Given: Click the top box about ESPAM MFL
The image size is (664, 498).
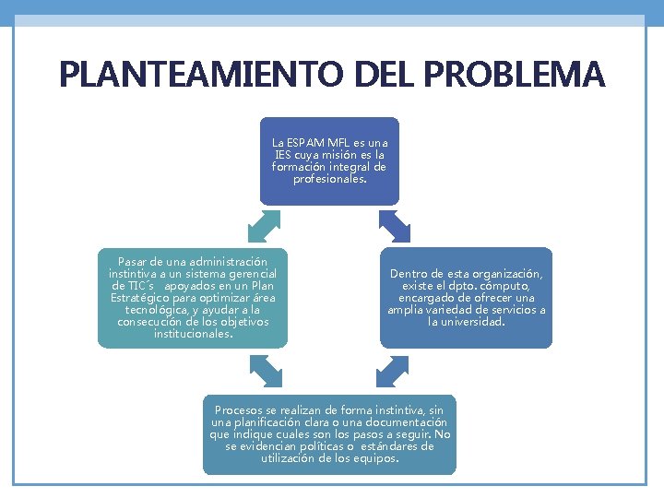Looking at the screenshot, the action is coord(329,160).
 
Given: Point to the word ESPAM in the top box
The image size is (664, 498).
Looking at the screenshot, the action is coord(304,144).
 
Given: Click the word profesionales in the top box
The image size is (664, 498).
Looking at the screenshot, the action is coord(328,179).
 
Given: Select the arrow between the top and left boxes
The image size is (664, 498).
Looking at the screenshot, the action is coord(265,226).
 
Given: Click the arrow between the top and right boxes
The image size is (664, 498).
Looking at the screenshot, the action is coord(395,226).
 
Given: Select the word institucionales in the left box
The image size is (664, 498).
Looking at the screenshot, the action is coord(192,333).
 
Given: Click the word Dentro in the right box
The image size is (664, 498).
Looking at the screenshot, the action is coord(409,274).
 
